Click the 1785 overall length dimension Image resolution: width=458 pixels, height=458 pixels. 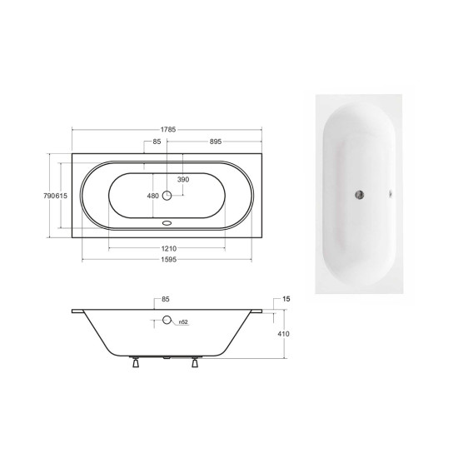point(168,129)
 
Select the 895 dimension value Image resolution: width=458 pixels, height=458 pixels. point(216,142)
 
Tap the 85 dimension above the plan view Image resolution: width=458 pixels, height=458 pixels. point(157,142)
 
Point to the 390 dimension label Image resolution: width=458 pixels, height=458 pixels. point(183,179)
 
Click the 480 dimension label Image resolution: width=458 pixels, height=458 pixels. point(152,196)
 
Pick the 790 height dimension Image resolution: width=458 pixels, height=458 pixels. point(49,196)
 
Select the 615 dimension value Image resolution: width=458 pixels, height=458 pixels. point(62,196)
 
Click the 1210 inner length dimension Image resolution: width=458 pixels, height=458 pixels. point(169,249)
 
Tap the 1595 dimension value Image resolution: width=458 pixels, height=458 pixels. point(169,259)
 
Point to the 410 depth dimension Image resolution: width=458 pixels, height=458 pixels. point(283,334)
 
